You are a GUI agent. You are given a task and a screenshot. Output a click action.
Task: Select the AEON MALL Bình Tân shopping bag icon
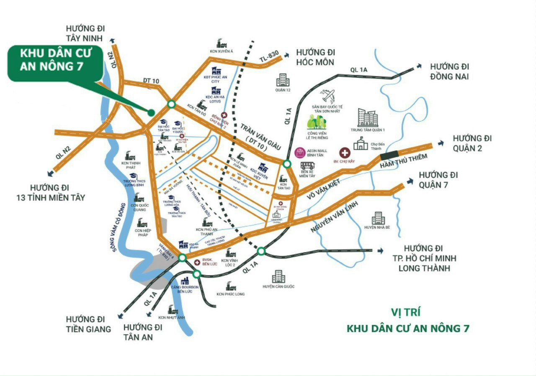point(300,153)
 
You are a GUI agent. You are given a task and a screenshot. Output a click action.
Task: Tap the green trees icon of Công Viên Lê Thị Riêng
point(317,122)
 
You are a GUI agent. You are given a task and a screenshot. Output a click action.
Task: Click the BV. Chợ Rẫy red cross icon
point(344,152)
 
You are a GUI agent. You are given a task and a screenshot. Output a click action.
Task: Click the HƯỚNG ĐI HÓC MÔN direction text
point(315,57)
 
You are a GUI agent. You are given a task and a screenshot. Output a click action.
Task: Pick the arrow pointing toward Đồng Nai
point(418,66)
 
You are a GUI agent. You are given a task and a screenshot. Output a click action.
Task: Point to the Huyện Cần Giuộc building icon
point(278,276)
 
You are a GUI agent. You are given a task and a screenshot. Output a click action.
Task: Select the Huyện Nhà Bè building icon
point(378,218)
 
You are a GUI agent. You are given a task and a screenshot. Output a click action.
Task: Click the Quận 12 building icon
point(282,80)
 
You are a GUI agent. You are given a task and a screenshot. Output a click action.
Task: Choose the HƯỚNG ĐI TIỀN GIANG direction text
point(88,324)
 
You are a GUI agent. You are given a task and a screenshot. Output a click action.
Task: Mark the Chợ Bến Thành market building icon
point(361,144)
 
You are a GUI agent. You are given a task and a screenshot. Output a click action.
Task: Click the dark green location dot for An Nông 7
point(151,112)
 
